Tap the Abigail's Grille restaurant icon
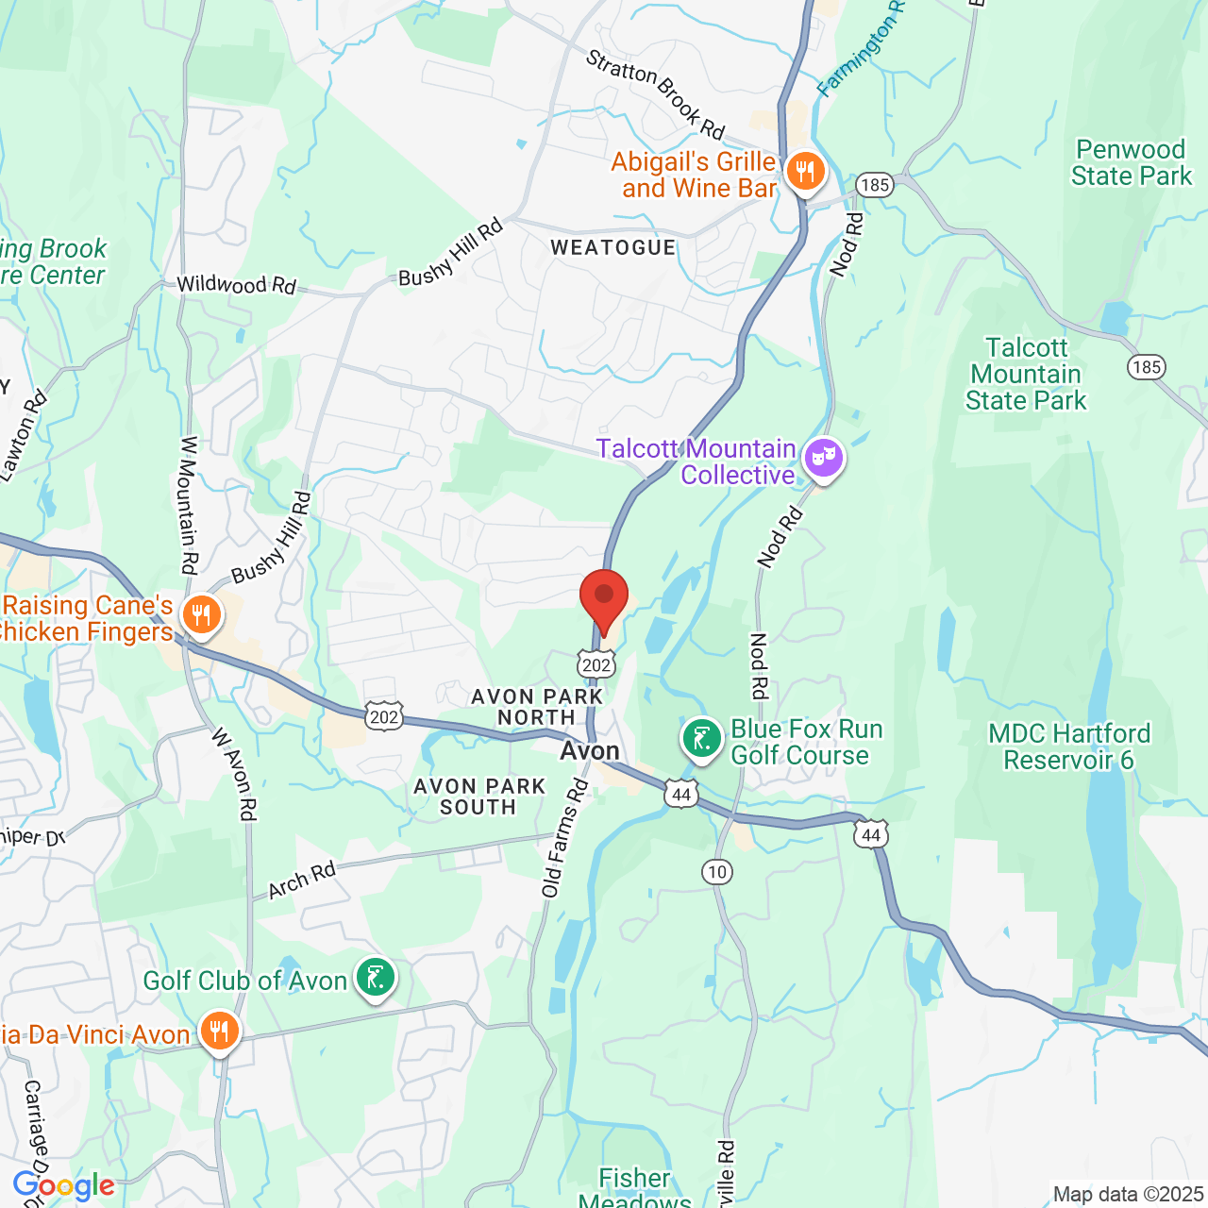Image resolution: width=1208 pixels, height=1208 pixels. pos(804,172)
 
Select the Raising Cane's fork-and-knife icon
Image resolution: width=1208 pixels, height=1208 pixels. pos(200,616)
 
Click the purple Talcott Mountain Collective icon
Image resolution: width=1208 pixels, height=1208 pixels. pos(823,460)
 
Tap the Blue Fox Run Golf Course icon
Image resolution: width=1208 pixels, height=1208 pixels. pos(702,739)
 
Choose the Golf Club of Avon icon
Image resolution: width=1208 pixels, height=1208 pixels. pos(375,978)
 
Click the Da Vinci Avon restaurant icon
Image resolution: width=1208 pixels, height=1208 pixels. pos(219,1032)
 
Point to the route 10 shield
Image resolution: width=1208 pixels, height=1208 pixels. pos(717,871)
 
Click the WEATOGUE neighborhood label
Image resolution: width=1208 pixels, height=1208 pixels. pos(613,248)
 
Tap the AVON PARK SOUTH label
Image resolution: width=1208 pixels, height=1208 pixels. pos(479,797)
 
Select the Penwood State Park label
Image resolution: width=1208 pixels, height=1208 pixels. pos(1131,163)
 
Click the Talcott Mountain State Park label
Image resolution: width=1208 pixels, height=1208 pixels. pos(1026,375)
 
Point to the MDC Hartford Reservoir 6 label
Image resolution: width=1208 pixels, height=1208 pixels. pos(1069,747)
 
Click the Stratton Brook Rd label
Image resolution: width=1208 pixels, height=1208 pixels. pos(655,93)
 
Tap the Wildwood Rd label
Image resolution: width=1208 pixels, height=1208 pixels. pos(236,284)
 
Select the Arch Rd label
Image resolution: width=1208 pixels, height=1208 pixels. pos(302,881)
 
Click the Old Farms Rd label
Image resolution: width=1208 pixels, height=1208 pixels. pos(564,838)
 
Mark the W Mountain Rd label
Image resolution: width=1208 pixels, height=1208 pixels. pos(190,505)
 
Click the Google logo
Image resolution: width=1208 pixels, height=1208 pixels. pos(63,1186)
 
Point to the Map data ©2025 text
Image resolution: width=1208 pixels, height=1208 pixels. pos(1128,1195)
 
